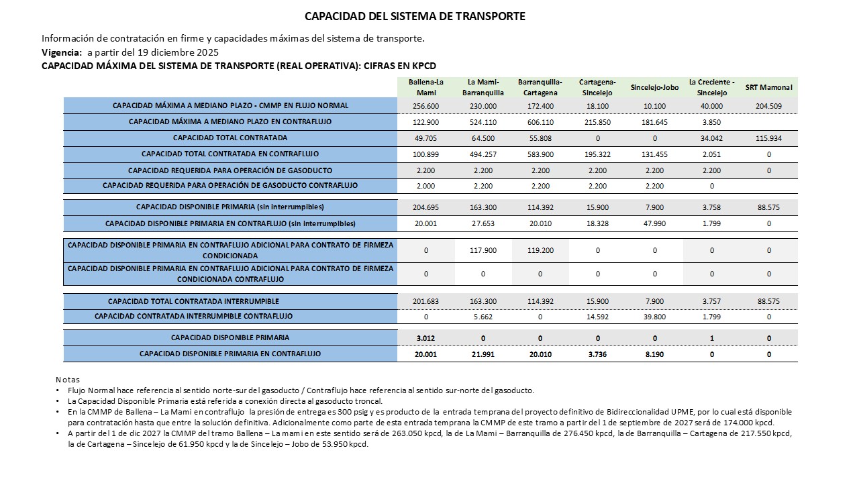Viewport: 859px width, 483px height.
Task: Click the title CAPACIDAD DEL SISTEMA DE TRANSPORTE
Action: (x=415, y=15)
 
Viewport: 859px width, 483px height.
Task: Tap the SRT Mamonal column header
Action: (x=768, y=87)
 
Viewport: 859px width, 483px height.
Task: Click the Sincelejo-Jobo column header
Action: (x=654, y=87)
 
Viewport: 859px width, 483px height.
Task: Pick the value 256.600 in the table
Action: (x=426, y=106)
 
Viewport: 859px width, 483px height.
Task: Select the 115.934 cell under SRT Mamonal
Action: (x=768, y=138)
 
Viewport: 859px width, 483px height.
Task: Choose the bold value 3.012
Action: (x=426, y=338)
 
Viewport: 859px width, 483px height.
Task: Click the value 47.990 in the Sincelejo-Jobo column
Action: (x=654, y=223)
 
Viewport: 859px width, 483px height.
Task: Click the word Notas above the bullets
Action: (x=67, y=380)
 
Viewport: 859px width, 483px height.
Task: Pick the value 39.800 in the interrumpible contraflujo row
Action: (x=654, y=317)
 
